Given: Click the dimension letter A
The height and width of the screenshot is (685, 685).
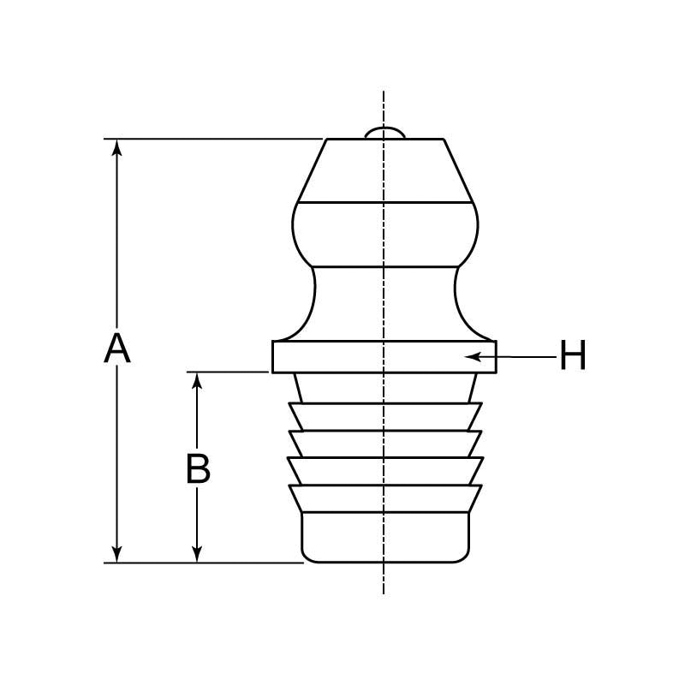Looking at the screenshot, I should (117, 349).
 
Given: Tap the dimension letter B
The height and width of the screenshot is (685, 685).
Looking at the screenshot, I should (198, 468).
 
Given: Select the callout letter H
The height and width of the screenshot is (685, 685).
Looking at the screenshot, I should (573, 356).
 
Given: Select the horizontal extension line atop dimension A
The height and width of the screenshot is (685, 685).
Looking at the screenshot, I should (214, 139).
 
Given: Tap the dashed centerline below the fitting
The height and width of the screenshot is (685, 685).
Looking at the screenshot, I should (384, 579).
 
